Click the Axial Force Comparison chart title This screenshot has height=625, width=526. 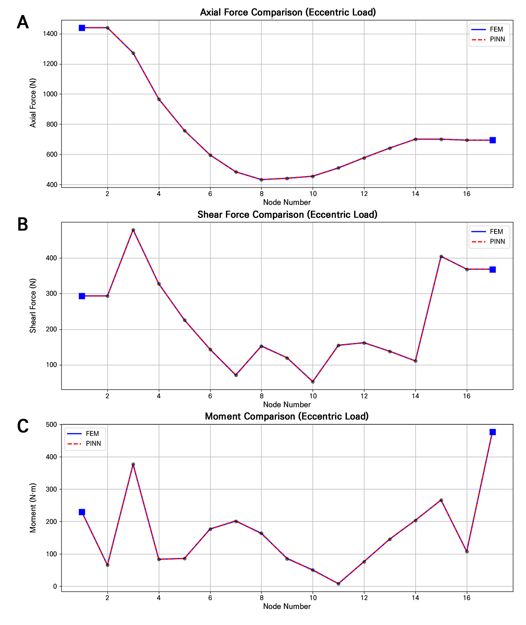(x=288, y=12)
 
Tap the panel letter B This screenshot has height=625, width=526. (x=23, y=224)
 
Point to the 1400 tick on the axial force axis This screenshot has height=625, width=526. (x=50, y=34)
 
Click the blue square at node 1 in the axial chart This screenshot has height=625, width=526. (x=82, y=28)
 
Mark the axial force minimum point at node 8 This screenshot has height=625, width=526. (x=261, y=179)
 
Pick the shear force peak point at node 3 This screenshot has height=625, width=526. (x=133, y=230)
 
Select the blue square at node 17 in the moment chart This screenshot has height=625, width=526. (x=493, y=432)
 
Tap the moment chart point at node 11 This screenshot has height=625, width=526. (x=338, y=584)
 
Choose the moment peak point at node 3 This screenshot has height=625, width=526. (x=133, y=464)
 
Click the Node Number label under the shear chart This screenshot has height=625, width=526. (x=287, y=405)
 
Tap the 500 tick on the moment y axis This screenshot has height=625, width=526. (x=51, y=425)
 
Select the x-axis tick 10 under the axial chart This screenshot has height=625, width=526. (x=313, y=194)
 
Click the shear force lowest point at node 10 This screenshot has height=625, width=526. (x=313, y=382)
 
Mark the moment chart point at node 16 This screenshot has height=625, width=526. (x=467, y=552)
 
